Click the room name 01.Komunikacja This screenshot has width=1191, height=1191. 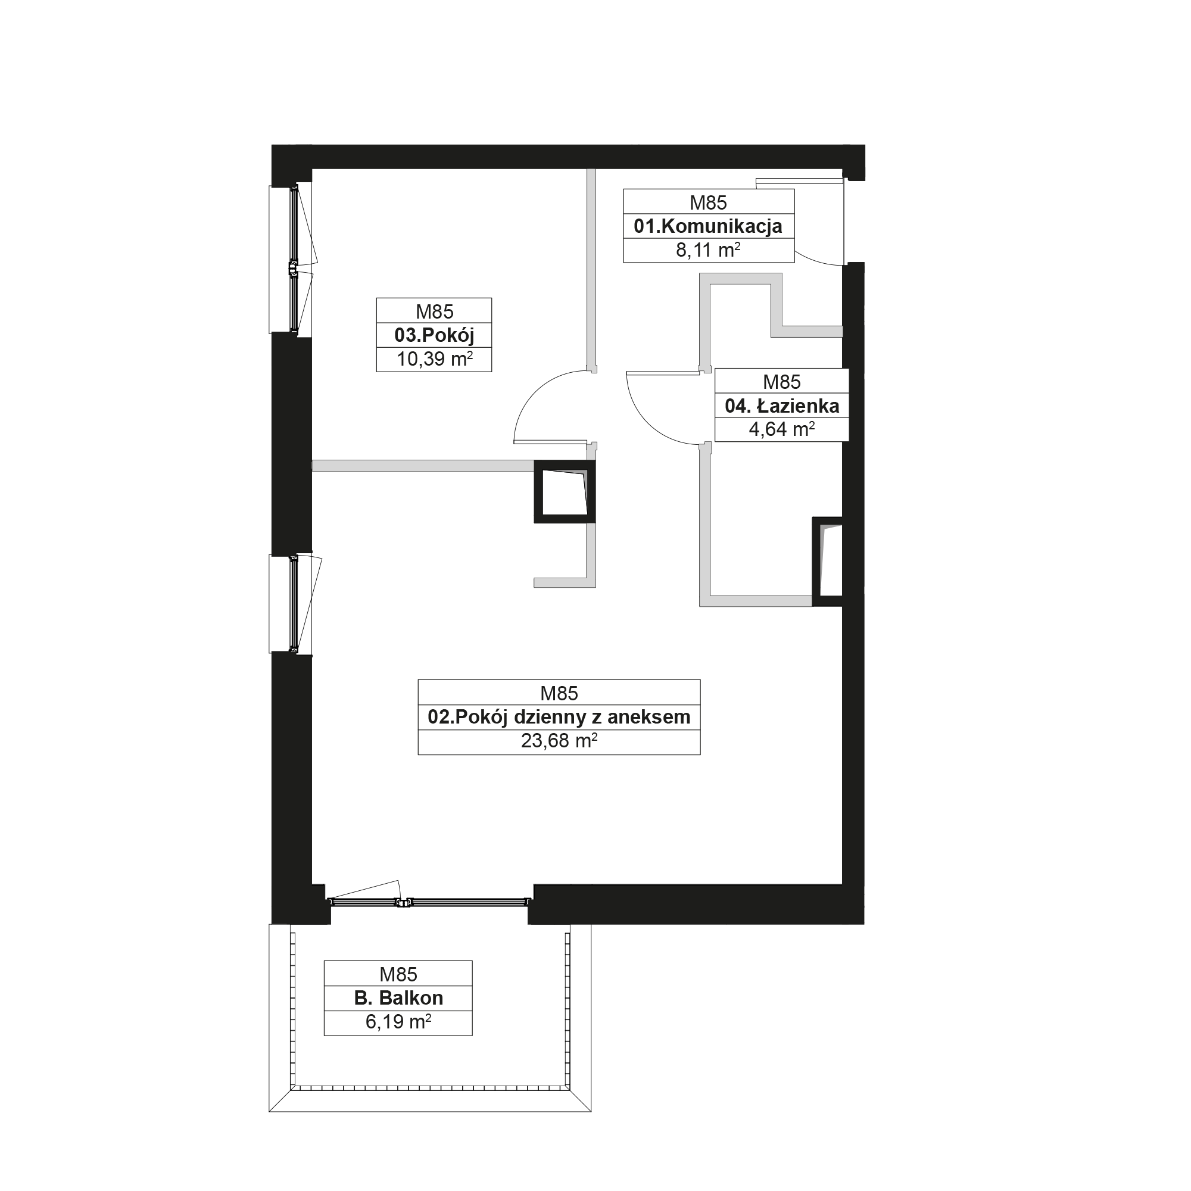pos(707,226)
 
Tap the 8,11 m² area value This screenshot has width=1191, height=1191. pos(707,250)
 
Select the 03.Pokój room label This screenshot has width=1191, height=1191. pos(435,335)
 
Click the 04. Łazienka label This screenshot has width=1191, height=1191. pos(782,406)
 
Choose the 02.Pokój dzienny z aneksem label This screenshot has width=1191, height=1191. pos(559,717)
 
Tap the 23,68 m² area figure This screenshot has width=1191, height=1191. pos(559,741)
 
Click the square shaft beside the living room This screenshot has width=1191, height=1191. pos(565,492)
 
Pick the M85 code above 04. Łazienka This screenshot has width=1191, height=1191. pos(782,382)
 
